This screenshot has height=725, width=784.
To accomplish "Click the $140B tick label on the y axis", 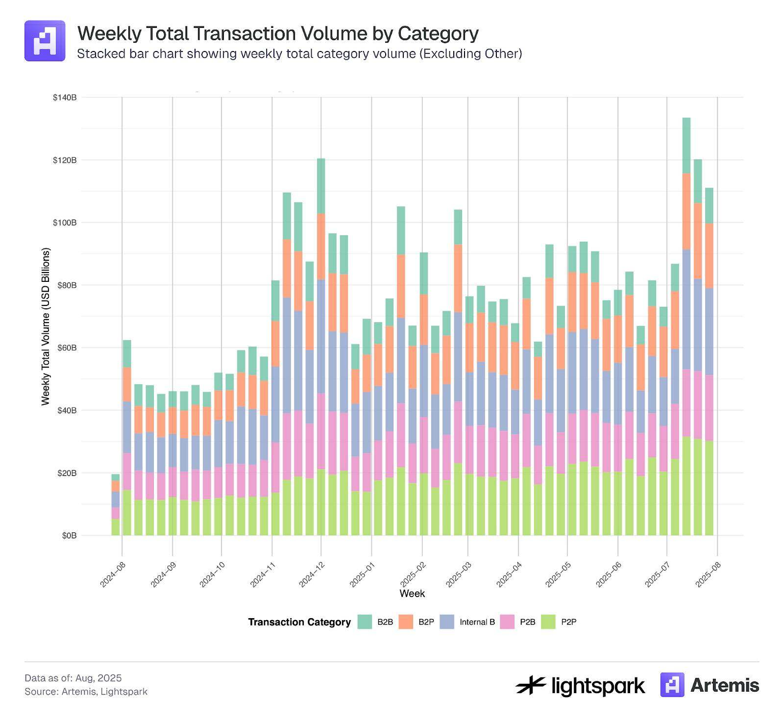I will pyautogui.click(x=65, y=98).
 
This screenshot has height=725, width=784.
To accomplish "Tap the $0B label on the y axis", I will pyautogui.click(x=69, y=536).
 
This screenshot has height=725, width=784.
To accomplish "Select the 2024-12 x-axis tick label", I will pyautogui.click(x=312, y=574).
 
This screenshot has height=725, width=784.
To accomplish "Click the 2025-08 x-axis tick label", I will pyautogui.click(x=709, y=574).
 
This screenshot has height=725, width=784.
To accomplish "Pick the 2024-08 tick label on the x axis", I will pyautogui.click(x=113, y=574).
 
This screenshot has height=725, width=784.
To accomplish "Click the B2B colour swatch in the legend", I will pyautogui.click(x=365, y=622).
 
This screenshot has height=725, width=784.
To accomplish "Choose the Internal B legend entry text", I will pyautogui.click(x=477, y=622).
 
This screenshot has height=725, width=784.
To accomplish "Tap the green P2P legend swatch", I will pyautogui.click(x=548, y=622).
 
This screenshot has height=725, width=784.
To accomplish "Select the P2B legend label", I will pyautogui.click(x=527, y=622).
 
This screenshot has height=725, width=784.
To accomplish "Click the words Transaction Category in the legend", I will pyautogui.click(x=299, y=622).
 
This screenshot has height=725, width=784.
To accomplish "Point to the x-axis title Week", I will pyautogui.click(x=412, y=594).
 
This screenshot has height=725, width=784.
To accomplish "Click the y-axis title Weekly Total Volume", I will pyautogui.click(x=46, y=326).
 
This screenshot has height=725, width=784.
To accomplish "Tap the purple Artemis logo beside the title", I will pyautogui.click(x=45, y=41).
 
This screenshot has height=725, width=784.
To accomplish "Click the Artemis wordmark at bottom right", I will pyautogui.click(x=724, y=685).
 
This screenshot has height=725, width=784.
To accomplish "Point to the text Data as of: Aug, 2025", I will pyautogui.click(x=73, y=678).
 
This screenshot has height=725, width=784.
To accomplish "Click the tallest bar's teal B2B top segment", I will pyautogui.click(x=686, y=145).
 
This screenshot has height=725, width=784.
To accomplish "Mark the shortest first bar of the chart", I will pyautogui.click(x=116, y=505).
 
